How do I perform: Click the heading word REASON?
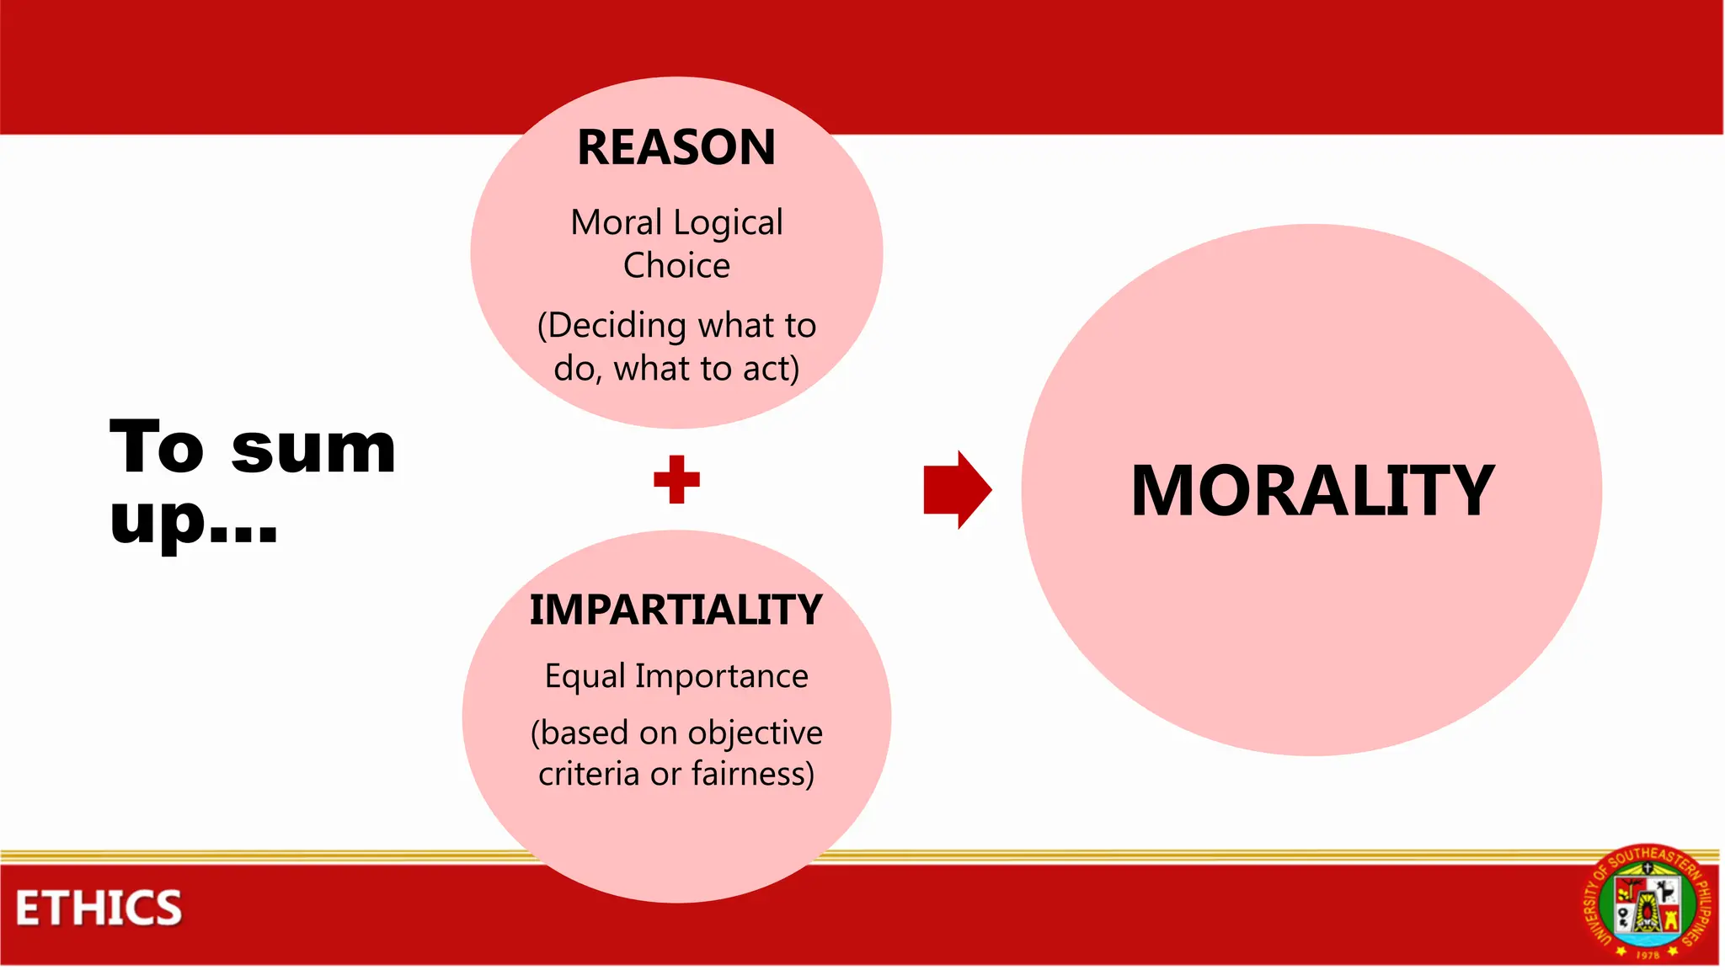click(x=676, y=147)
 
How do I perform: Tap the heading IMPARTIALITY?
click(x=676, y=610)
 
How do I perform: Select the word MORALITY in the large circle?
click(x=1312, y=491)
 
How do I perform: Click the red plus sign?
click(x=676, y=479)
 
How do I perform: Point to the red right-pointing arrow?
click(x=958, y=489)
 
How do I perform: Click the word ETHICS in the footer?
click(x=99, y=909)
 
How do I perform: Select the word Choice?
click(x=676, y=266)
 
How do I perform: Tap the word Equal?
click(x=585, y=676)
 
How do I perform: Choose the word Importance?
click(x=722, y=677)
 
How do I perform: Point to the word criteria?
click(x=589, y=774)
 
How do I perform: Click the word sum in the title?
click(x=312, y=449)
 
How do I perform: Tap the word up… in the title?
click(x=193, y=520)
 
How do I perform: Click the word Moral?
click(x=617, y=223)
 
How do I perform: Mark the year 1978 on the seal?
click(x=1648, y=955)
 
